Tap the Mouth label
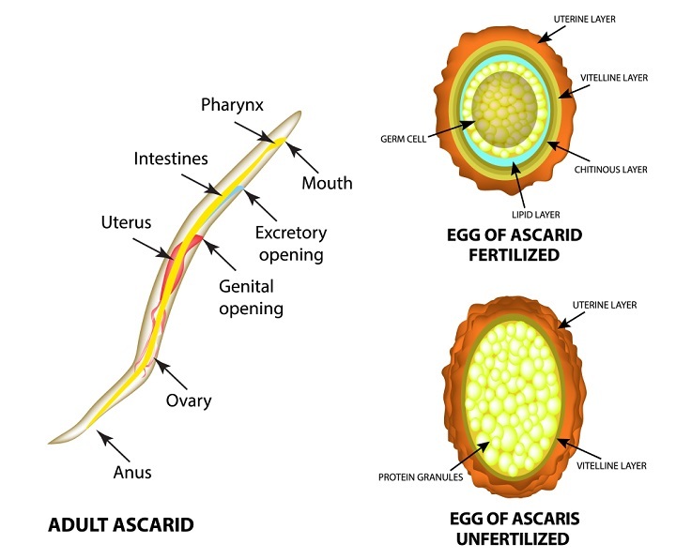click(x=326, y=183)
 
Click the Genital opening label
click(x=251, y=295)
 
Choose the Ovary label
click(x=190, y=400)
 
